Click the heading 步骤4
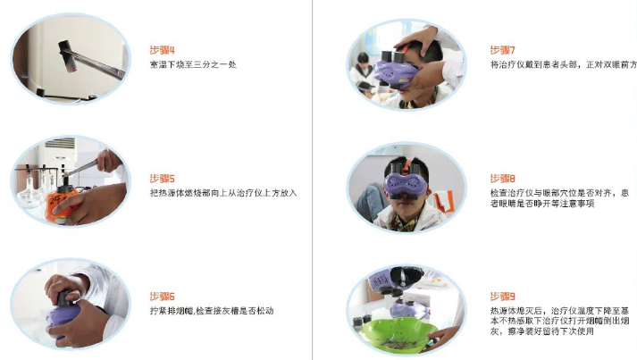click(x=162, y=50)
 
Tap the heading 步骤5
click(x=162, y=179)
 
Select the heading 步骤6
click(x=162, y=297)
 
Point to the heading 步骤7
click(x=502, y=50)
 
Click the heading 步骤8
click(x=502, y=179)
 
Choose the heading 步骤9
click(x=502, y=297)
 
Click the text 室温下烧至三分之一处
click(x=193, y=64)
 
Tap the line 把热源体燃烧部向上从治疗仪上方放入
click(x=223, y=193)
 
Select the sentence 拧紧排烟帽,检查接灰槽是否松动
click(x=212, y=311)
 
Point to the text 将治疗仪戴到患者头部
click(x=533, y=64)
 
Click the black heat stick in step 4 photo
click(x=67, y=57)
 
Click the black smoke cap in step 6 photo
click(x=65, y=298)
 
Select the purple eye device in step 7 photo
click(x=395, y=70)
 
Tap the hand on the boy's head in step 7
click(x=415, y=38)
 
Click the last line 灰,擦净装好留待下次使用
click(x=542, y=331)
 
